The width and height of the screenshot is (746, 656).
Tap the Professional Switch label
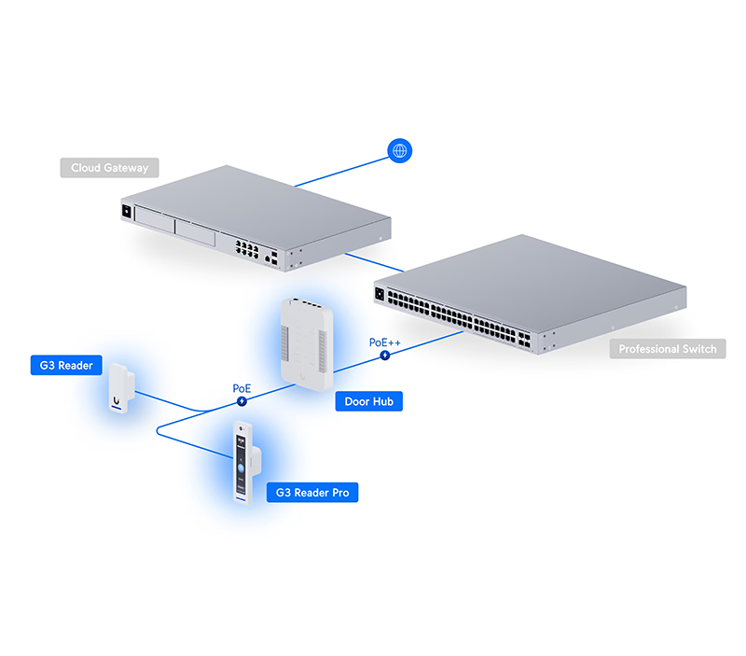pyautogui.click(x=668, y=349)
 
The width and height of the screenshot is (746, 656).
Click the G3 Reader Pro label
pyautogui.click(x=312, y=492)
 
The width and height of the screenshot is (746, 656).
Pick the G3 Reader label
pyautogui.click(x=66, y=366)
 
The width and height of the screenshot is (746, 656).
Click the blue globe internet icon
pyautogui.click(x=400, y=150)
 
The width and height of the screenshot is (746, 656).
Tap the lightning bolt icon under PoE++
pyautogui.click(x=384, y=356)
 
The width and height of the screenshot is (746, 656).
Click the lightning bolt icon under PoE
pyautogui.click(x=243, y=401)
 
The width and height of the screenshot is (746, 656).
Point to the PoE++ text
pyautogui.click(x=384, y=342)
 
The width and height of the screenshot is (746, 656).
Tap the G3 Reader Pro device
pyautogui.click(x=245, y=464)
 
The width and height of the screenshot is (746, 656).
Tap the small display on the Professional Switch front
pyautogui.click(x=380, y=296)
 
